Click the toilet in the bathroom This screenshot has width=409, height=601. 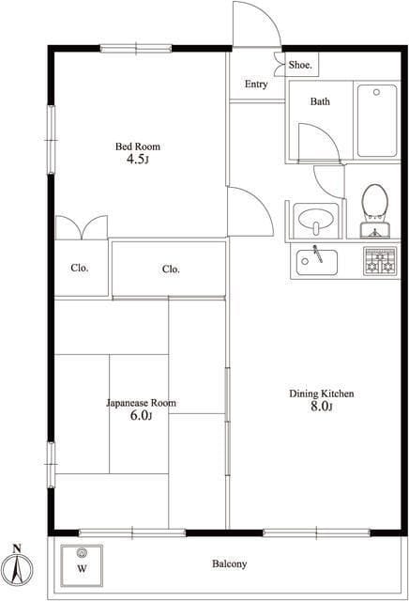pyautogui.click(x=374, y=210)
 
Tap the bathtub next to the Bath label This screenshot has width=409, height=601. pyautogui.click(x=377, y=120)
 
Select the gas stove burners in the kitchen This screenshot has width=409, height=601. pyautogui.click(x=380, y=261)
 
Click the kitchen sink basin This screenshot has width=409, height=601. pyautogui.click(x=317, y=262)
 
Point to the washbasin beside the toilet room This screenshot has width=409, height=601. pyautogui.click(x=316, y=221)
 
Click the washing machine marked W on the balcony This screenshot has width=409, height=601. pyautogui.click(x=82, y=565)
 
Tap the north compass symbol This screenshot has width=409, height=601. pyautogui.click(x=17, y=564)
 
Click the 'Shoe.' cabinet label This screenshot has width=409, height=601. pyautogui.click(x=300, y=65)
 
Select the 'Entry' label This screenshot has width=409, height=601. pyautogui.click(x=256, y=85)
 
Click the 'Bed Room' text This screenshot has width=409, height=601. pyautogui.click(x=138, y=146)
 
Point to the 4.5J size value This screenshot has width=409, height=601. pyautogui.click(x=137, y=159)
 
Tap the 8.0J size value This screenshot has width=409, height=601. pyautogui.click(x=321, y=407)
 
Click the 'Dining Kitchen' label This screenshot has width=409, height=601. pyautogui.click(x=322, y=393)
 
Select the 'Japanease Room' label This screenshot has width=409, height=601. pyautogui.click(x=141, y=403)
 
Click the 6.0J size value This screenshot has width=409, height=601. pyautogui.click(x=141, y=415)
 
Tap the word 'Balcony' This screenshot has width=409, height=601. pyautogui.click(x=230, y=563)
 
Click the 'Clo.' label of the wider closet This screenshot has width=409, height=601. pyautogui.click(x=171, y=270)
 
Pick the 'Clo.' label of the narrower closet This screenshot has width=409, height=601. pyautogui.click(x=80, y=268)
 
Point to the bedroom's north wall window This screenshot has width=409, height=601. pyautogui.click(x=136, y=49)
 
